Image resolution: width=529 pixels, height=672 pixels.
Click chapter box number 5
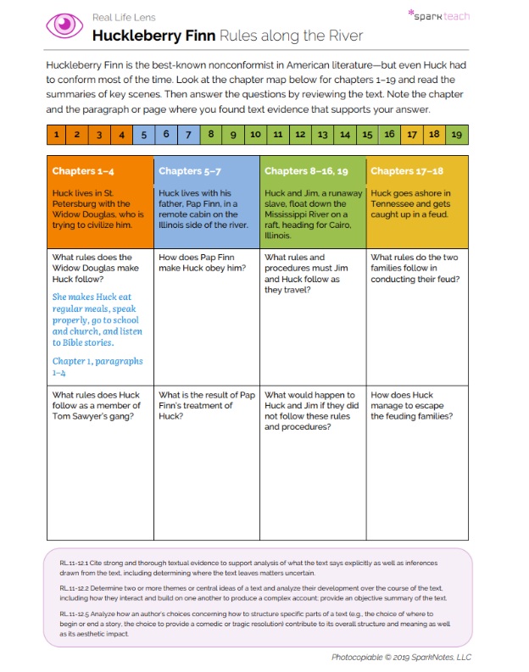[144, 134]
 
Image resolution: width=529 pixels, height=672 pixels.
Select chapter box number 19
[456, 134]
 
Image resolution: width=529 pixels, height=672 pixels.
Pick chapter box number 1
[56, 134]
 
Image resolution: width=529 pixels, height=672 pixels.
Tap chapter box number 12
[300, 134]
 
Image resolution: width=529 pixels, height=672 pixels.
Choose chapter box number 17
[412, 134]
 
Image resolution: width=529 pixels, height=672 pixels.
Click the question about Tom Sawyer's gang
[96, 405]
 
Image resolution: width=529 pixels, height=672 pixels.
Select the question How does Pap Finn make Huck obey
[202, 263]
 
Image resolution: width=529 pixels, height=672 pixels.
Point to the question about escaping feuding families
[415, 405]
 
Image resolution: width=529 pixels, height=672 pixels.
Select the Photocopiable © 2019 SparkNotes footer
[401, 657]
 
